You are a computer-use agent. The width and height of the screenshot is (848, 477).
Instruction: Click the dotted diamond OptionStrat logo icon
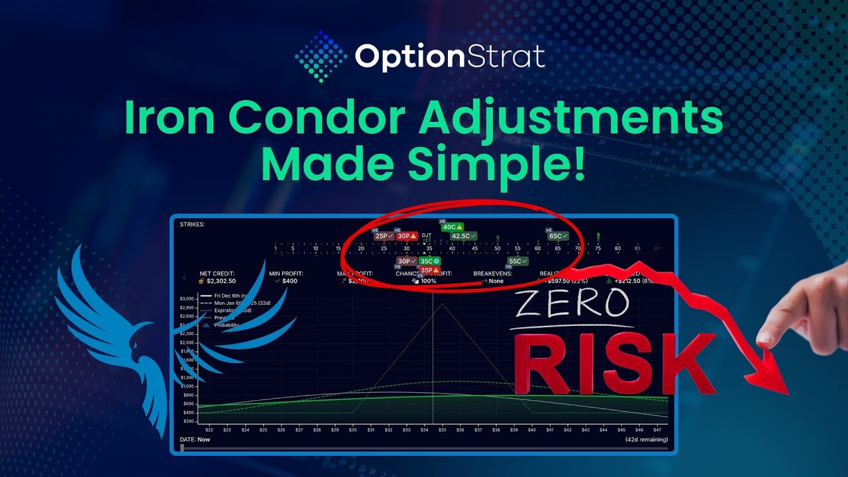point(321,56)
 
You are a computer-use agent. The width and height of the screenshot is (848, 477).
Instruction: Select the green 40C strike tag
point(452,227)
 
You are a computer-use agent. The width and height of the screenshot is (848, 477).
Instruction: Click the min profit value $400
point(290,281)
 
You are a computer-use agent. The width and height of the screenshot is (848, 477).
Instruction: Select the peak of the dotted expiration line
point(442,304)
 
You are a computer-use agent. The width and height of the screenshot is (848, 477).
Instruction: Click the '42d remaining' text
point(646,439)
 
